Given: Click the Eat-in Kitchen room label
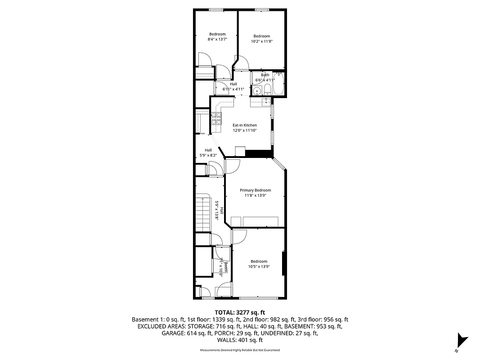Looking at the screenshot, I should pyautogui.click(x=244, y=125).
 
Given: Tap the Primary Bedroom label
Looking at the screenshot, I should pyautogui.click(x=255, y=190).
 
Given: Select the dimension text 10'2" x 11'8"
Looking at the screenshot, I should pyautogui.click(x=262, y=41).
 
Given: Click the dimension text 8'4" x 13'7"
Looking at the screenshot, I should pyautogui.click(x=217, y=39).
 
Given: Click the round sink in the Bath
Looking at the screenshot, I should pyautogui.click(x=257, y=91).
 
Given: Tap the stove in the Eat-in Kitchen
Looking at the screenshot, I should pyautogui.click(x=216, y=118).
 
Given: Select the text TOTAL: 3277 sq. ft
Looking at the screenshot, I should pyautogui.click(x=240, y=312).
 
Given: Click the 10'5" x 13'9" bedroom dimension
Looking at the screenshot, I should pyautogui.click(x=259, y=266).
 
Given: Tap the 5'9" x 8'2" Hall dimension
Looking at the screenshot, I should pyautogui.click(x=208, y=155).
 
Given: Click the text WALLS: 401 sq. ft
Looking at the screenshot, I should pyautogui.click(x=240, y=341).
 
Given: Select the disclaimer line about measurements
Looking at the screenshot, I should pyautogui.click(x=240, y=350).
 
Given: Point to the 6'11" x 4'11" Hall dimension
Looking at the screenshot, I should pyautogui.click(x=233, y=89).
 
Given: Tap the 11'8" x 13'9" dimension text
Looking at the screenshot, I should pyautogui.click(x=255, y=195).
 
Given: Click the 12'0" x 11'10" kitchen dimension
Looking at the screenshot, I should pyautogui.click(x=244, y=130).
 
